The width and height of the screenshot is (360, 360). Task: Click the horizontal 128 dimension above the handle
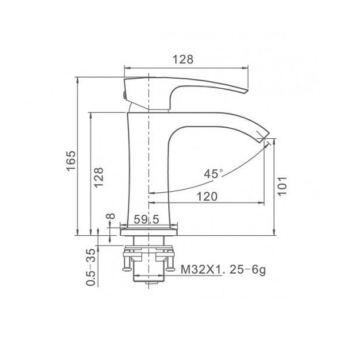[x=183, y=59]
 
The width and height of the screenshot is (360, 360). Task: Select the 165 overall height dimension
[x=71, y=160]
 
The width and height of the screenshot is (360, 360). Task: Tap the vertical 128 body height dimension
[x=99, y=177]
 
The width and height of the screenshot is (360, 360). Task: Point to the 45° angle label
[x=214, y=174]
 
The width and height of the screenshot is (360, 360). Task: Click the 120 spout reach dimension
[x=207, y=196]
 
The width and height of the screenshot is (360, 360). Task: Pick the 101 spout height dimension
[x=282, y=186]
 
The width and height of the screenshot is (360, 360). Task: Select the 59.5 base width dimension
[x=146, y=219]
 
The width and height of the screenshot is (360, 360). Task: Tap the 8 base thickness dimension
[x=111, y=216]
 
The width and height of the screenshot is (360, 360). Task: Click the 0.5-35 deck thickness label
[x=91, y=267]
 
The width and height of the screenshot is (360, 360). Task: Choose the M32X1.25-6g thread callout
[x=223, y=269]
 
